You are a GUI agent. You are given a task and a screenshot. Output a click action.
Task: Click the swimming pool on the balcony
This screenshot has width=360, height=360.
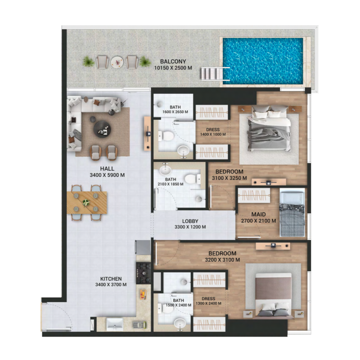263,61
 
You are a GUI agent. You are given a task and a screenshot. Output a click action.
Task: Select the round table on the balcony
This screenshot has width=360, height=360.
117,62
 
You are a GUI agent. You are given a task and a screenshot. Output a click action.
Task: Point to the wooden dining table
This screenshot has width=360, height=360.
88,202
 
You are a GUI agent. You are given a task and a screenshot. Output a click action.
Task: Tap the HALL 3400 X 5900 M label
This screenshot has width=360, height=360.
107,172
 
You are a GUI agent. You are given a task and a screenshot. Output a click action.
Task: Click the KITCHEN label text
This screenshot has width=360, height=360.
110,282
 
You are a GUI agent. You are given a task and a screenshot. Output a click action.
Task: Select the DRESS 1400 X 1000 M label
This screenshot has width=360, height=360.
213,132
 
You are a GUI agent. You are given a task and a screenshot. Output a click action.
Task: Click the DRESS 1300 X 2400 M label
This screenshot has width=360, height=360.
208,301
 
